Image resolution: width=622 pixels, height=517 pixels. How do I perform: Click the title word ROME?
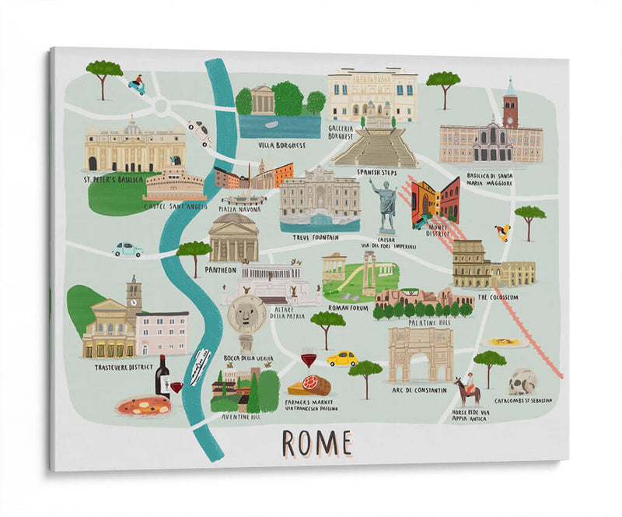(x=316, y=443)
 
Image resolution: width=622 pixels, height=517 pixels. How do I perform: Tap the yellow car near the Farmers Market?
(x=342, y=358)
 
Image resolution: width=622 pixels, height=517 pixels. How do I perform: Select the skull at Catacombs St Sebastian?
(x=522, y=382)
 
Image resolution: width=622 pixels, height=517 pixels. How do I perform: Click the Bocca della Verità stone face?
(x=246, y=315)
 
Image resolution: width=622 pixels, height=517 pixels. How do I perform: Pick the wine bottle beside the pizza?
(x=162, y=377)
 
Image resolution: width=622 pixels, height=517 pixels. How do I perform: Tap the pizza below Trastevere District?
(x=142, y=406)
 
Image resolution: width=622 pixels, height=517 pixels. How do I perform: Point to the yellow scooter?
(x=503, y=232)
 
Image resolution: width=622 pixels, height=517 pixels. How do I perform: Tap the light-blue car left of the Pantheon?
(x=128, y=249)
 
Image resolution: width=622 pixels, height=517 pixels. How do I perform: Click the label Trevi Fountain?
(x=317, y=236)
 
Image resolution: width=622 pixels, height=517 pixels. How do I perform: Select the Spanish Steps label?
(x=376, y=172)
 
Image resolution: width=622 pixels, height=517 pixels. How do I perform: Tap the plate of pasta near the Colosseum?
(x=503, y=342)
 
